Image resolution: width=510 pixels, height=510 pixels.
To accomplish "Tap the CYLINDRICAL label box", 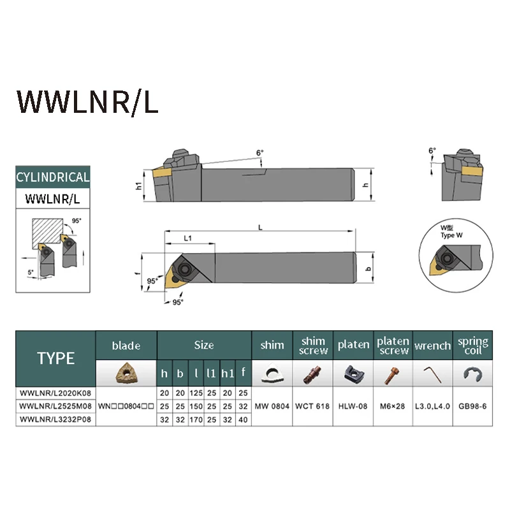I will (53, 177).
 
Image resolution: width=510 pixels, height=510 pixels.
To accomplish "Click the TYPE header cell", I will (55, 358).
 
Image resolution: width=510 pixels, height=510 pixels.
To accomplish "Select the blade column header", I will (126, 346).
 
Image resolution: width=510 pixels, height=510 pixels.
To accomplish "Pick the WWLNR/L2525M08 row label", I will (55, 405).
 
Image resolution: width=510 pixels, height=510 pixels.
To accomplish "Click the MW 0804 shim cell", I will (272, 406).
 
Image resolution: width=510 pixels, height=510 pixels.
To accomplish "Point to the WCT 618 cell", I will (313, 406).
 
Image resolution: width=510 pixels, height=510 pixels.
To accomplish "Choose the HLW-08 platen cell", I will (353, 406).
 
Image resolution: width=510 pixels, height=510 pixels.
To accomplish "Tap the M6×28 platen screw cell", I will (393, 406).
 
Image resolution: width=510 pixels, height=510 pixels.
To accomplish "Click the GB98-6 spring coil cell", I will (473, 406).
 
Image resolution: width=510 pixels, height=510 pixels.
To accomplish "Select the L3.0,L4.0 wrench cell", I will (433, 406).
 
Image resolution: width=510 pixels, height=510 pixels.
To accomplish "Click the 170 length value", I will (198, 420).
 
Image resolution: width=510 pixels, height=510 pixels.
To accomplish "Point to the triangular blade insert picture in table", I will (126, 373).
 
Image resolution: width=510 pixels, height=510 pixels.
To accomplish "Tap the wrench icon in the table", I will (432, 373).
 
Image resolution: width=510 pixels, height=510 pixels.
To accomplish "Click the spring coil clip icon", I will (472, 374).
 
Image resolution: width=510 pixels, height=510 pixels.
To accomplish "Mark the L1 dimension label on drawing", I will (189, 237).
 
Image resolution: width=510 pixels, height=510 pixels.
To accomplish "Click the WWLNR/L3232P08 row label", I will (55, 420).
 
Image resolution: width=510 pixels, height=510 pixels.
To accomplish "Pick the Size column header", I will (204, 346).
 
